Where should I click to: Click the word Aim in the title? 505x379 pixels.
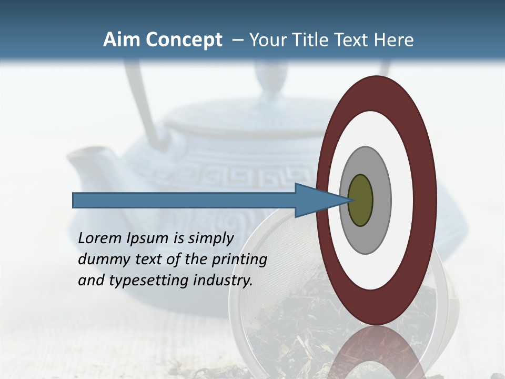122,40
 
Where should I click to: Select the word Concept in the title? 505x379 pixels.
184,41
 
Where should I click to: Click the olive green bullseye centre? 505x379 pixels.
360,201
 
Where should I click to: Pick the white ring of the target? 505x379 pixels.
402,201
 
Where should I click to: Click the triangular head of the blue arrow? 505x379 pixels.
316,201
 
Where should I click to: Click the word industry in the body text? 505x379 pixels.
223,281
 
